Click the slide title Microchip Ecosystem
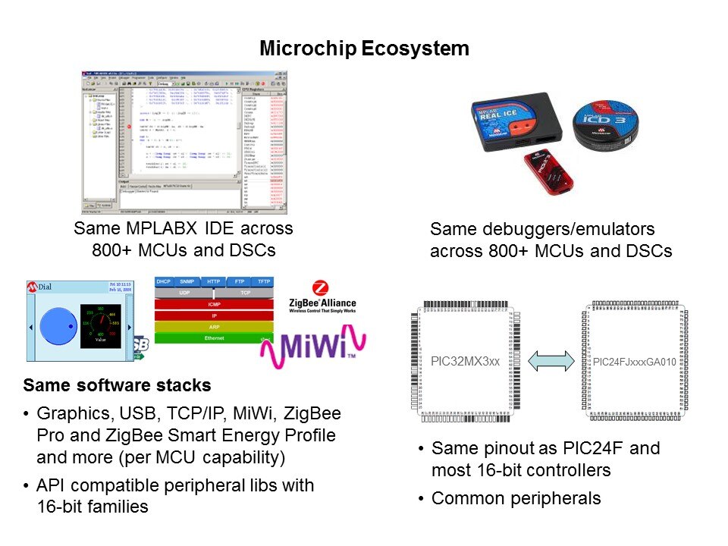pos(364,49)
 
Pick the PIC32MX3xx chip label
pos(466,361)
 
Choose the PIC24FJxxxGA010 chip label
pos(634,362)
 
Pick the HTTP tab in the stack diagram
pos(213,281)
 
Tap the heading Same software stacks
pos(118,385)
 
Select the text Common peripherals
pos(516,498)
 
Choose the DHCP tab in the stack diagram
pos(164,281)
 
